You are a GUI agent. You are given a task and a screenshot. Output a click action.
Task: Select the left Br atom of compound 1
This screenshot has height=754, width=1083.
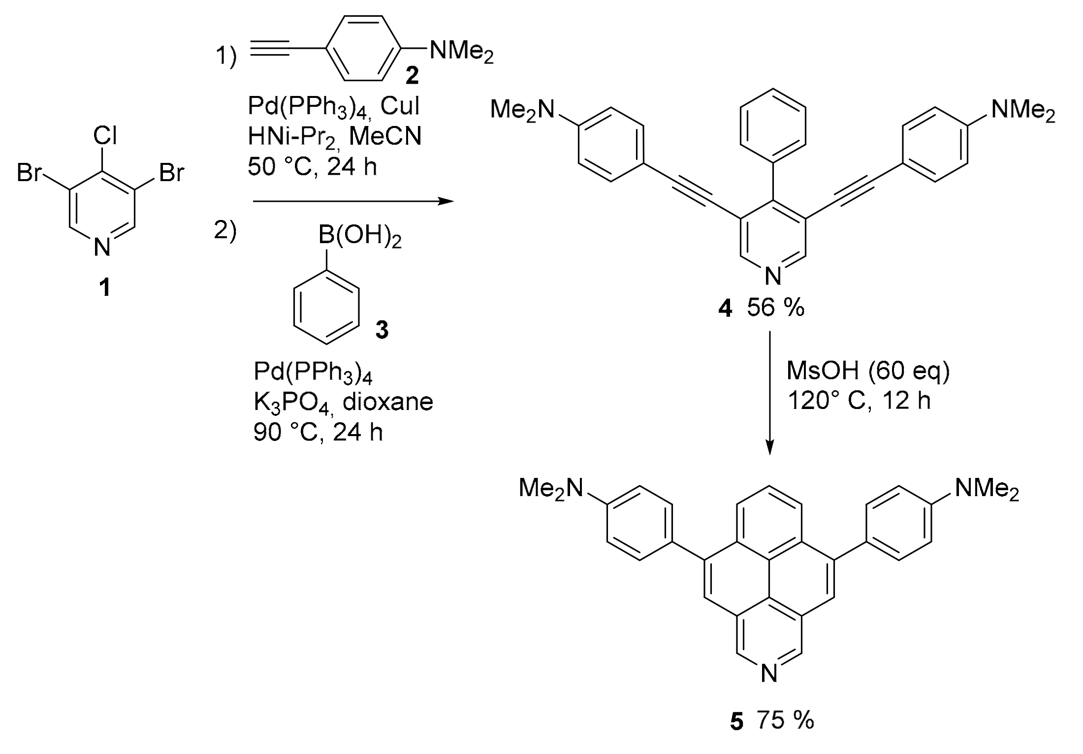29,173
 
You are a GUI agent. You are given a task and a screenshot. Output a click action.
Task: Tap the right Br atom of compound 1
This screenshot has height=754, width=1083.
172,173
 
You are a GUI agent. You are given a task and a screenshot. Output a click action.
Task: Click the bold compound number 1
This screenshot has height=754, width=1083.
104,287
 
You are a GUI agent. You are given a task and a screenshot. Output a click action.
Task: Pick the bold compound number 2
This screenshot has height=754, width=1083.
412,75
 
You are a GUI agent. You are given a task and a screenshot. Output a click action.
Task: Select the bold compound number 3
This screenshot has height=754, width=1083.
382,330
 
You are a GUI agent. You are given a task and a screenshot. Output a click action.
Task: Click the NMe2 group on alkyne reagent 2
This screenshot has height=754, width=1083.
461,51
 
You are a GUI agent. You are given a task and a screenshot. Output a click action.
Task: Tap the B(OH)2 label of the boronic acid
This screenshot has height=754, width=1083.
359,236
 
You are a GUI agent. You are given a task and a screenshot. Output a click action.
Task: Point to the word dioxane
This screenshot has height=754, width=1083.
387,402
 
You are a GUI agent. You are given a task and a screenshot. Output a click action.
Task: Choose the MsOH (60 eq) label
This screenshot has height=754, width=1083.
868,371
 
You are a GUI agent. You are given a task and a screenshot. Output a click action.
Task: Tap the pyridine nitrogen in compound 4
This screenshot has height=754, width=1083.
773,276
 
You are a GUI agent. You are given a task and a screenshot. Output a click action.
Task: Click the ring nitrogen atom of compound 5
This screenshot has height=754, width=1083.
769,673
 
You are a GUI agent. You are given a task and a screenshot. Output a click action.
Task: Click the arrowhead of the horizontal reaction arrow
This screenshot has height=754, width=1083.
446,201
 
